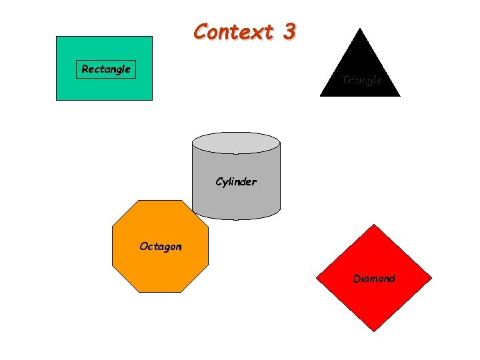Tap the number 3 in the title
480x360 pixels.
tap(288, 32)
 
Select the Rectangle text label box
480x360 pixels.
tap(105, 69)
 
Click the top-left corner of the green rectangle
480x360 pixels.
tap(57, 37)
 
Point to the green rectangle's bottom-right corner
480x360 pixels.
tap(152, 100)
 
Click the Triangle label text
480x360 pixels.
tap(361, 80)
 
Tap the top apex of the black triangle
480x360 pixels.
tap(360, 29)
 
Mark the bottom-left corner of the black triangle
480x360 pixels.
tap(320, 97)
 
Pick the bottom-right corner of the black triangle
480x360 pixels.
tap(400, 97)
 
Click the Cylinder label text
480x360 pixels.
tap(236, 181)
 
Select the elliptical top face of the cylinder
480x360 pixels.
tap(236, 143)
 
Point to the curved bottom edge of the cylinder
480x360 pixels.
tap(236, 219)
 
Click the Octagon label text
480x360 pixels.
tap(160, 247)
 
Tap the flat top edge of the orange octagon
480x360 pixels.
tap(160, 201)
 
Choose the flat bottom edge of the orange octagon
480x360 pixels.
tap(160, 292)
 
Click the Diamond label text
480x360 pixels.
tap(374, 279)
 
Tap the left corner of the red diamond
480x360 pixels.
tap(316, 278)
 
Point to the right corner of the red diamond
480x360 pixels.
tap(432, 278)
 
